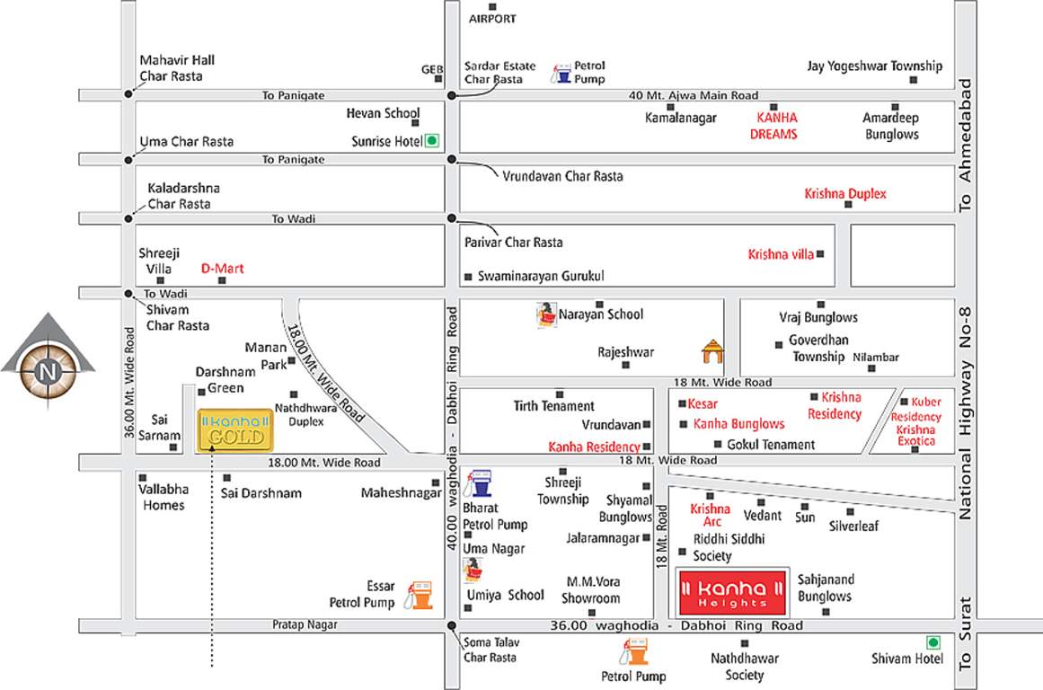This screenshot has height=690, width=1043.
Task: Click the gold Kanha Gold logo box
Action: coord(235,430)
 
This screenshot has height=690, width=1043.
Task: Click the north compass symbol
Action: coord(47,368)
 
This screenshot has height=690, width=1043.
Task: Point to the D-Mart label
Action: coord(222,268)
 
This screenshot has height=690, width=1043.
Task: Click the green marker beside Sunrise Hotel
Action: coord(432,140)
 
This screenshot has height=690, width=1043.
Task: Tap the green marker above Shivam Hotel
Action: coord(933,642)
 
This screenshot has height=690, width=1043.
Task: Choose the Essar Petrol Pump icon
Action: coord(419,594)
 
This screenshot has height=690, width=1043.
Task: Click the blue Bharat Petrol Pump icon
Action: coord(482,483)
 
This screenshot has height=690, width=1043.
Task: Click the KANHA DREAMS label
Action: coord(776,126)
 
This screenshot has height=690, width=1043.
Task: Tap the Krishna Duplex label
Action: coord(845,194)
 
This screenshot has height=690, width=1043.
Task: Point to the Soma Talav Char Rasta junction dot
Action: coord(451,626)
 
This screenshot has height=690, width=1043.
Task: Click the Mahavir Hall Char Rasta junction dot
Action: coord(129,93)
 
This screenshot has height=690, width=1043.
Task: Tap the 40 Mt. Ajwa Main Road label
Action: coord(694,95)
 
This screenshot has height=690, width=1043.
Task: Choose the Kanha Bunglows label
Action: coord(738,424)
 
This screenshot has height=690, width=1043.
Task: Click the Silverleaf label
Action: coord(853,526)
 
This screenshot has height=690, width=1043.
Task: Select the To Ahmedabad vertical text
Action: coord(967,144)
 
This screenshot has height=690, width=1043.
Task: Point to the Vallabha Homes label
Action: coord(162,499)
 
